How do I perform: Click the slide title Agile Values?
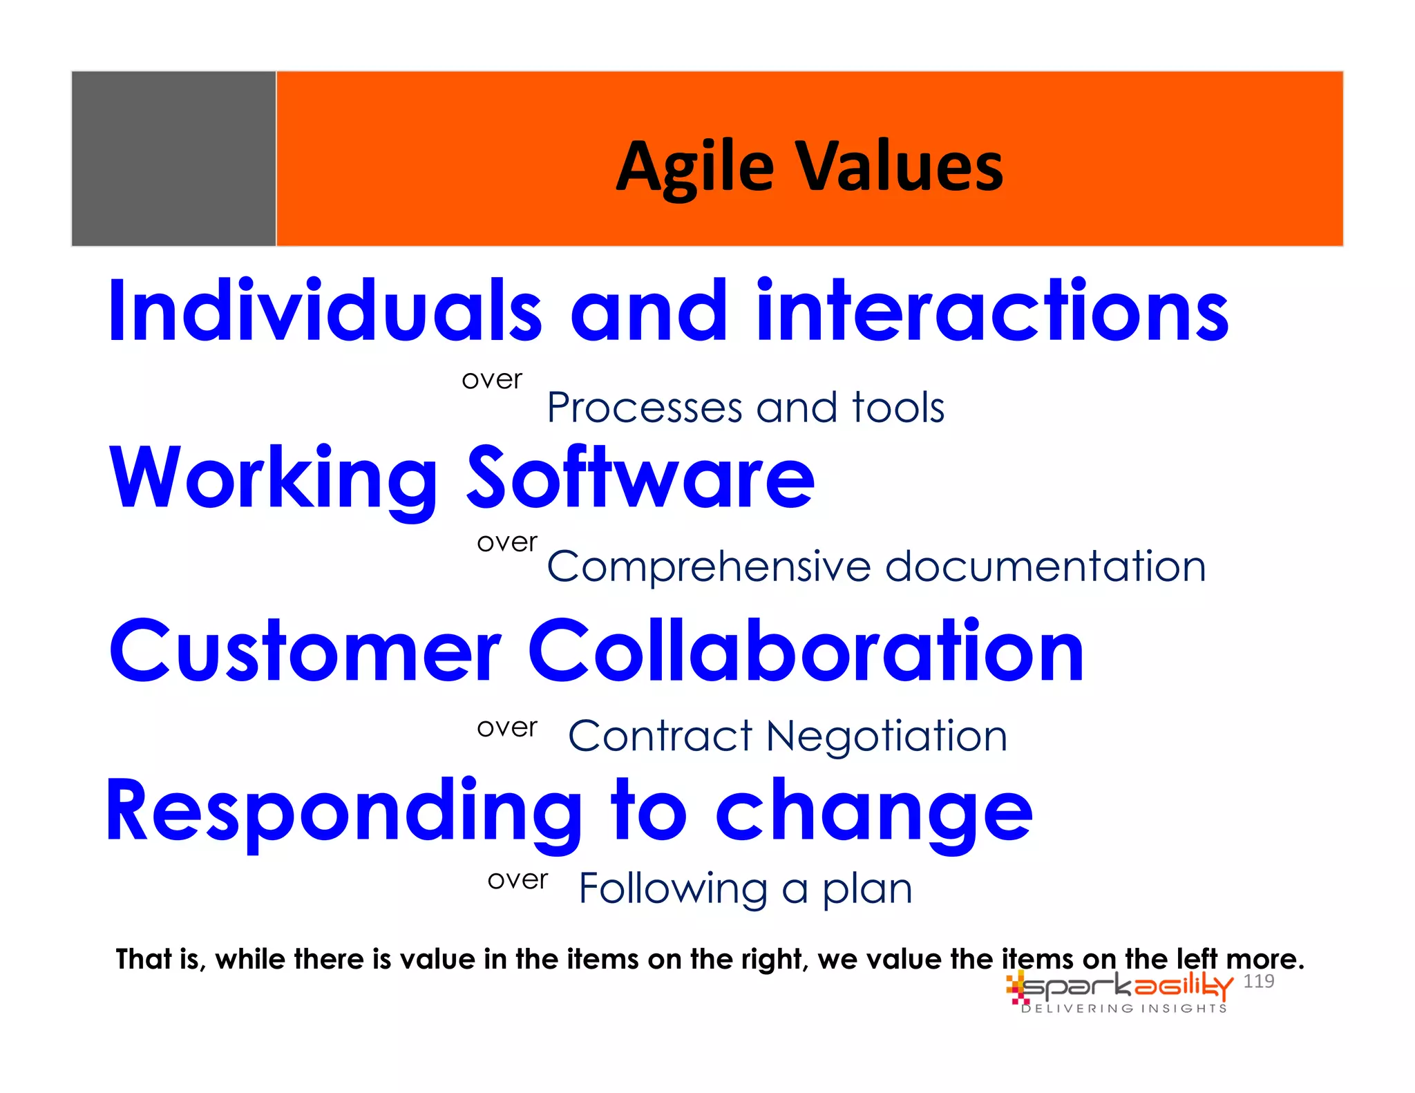pos(809,167)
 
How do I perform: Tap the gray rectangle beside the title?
pos(173,158)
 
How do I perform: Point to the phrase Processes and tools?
pos(746,408)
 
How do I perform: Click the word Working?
pos(274,479)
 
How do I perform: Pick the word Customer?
pos(305,651)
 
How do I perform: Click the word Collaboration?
pos(806,651)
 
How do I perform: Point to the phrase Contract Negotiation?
pos(788,736)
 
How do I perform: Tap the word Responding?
pos(343,812)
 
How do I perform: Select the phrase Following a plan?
pos(746,888)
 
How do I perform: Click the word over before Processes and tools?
pos(492,379)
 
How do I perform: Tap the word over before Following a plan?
pos(517,880)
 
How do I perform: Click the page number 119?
pos(1258,981)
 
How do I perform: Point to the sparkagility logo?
pos(1119,987)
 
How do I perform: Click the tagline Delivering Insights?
pos(1124,1009)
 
